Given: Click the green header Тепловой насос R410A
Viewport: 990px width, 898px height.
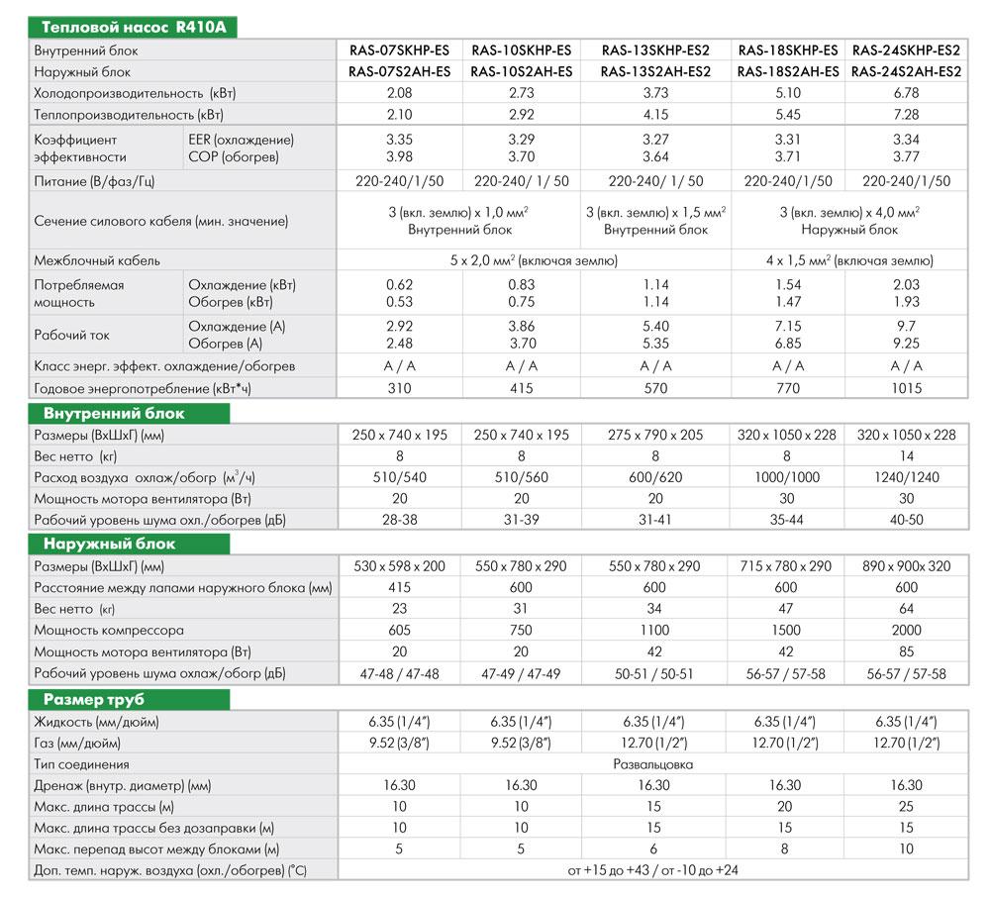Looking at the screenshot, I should (x=130, y=27).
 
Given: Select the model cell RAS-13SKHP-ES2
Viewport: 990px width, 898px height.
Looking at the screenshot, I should (x=654, y=50).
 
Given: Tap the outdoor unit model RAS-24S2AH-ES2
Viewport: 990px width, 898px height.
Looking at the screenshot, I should (x=906, y=71).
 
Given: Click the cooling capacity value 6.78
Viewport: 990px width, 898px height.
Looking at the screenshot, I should (x=906, y=93).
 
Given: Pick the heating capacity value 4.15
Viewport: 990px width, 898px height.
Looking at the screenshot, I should (x=654, y=114).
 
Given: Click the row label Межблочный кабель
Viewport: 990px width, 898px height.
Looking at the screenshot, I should (x=97, y=261).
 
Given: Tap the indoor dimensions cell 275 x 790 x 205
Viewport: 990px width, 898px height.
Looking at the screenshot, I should (x=654, y=436).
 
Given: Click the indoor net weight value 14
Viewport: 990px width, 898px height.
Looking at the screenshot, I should (x=906, y=456).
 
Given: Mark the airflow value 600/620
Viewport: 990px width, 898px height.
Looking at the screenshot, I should (x=654, y=478).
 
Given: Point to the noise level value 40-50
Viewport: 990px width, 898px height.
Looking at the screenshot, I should (x=906, y=520).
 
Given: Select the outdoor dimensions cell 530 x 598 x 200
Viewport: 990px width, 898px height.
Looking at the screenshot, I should (x=399, y=567).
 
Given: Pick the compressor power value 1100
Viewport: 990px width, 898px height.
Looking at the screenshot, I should (x=654, y=631).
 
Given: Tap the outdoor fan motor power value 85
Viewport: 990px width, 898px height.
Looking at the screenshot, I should (x=906, y=651).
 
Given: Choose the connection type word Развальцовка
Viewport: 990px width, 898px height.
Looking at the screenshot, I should (x=654, y=764).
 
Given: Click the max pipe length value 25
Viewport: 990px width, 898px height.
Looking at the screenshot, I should (x=906, y=807).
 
